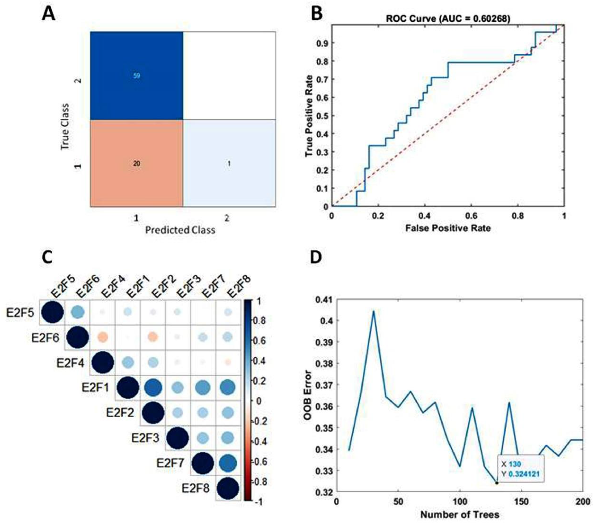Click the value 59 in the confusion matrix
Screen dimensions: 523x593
pos(136,76)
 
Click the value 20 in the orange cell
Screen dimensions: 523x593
pos(136,164)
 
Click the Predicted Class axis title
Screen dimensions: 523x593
pos(180,230)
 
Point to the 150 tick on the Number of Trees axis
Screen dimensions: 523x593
pos(521,502)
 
